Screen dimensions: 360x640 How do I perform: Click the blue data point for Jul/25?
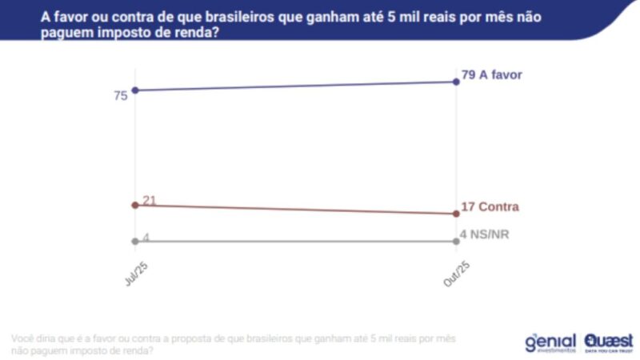coord(135,90)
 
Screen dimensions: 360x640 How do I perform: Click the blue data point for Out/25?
coord(456,82)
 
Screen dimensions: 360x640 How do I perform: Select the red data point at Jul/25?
coord(135,205)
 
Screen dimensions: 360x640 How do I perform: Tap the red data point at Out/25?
coord(456,214)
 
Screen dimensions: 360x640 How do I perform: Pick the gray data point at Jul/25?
coord(135,241)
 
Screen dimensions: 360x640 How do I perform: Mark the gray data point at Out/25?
coord(456,241)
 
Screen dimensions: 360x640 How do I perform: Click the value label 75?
coord(121,96)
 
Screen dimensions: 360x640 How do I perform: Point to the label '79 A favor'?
coord(491,75)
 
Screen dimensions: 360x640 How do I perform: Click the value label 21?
coord(150,199)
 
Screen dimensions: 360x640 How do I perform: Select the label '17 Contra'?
coord(490,207)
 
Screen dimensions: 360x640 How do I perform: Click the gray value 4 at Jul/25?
coord(146,237)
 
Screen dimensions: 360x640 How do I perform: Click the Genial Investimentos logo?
coord(550,342)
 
